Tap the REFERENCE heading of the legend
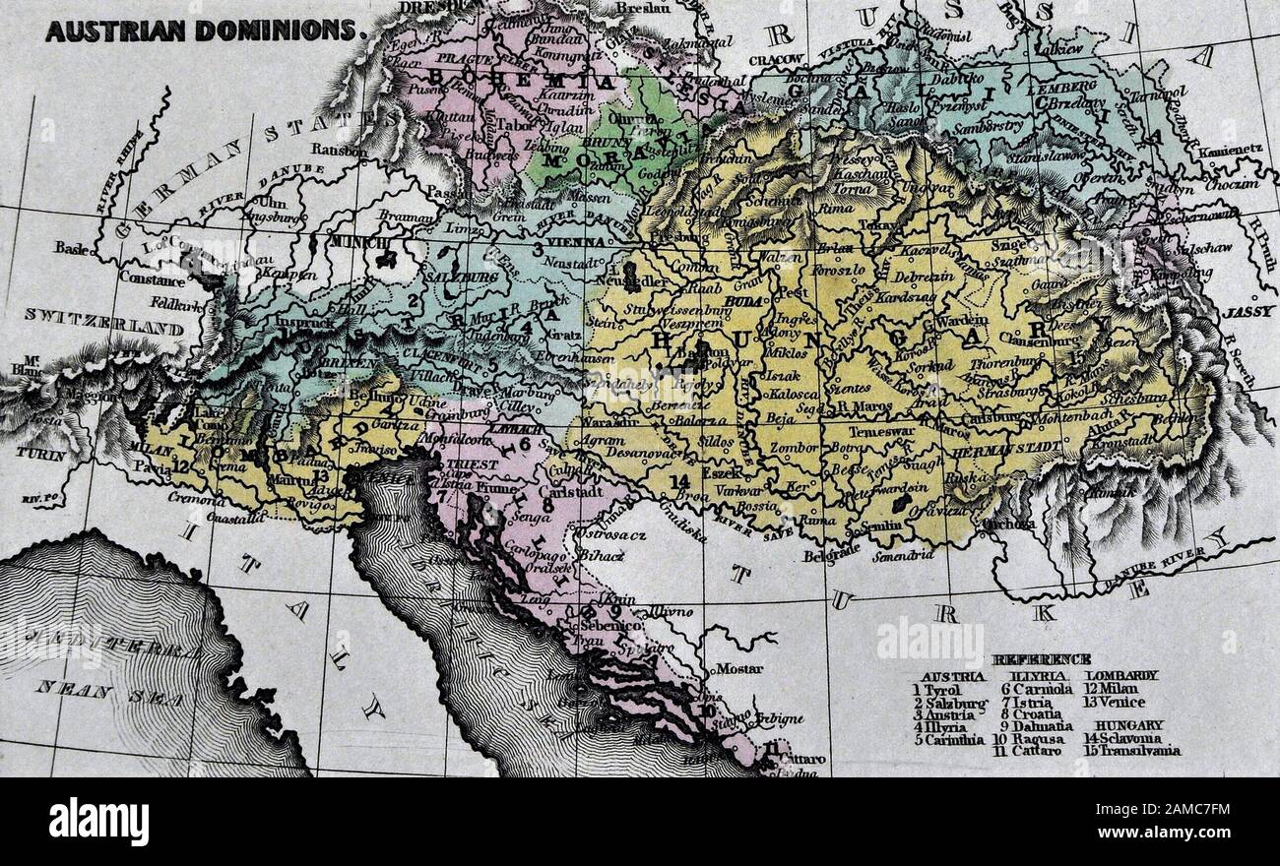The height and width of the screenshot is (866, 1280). click(1043, 660)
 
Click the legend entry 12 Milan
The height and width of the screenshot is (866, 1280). click(1112, 690)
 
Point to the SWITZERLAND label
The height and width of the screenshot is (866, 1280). click(103, 316)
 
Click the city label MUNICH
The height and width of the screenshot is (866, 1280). click(356, 241)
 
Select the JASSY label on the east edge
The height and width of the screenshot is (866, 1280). click(1249, 311)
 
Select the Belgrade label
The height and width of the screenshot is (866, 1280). click(804, 555)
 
